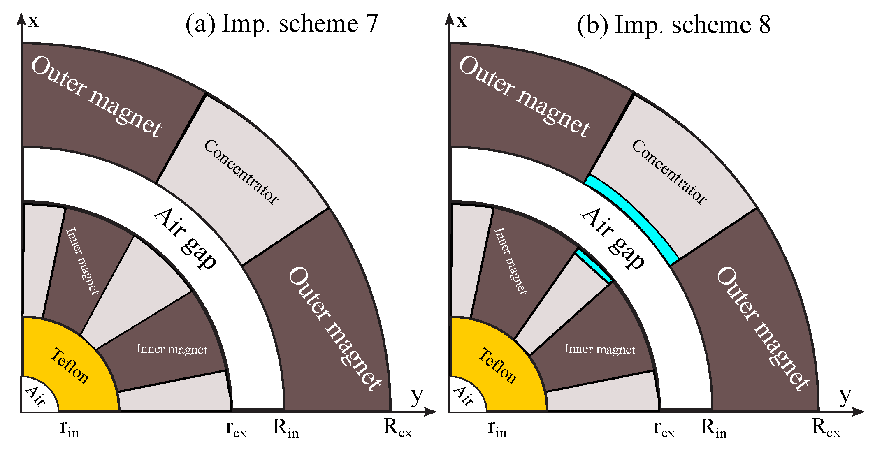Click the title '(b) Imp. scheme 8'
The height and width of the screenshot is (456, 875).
[673, 25]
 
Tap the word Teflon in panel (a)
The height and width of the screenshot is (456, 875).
[70, 366]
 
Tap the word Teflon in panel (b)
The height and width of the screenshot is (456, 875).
[497, 366]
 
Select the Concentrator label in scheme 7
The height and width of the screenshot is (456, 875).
[242, 172]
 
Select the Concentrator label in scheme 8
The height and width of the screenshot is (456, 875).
[670, 172]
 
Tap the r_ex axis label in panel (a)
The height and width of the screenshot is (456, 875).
[236, 429]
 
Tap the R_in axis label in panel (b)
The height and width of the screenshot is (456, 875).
[713, 429]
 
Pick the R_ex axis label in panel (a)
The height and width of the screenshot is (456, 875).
[397, 428]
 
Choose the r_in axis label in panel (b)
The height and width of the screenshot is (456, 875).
[497, 429]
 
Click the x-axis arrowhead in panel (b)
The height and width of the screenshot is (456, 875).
[449, 19]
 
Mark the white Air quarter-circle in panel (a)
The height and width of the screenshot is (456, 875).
[36, 396]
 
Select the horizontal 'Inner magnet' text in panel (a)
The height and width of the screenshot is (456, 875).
[172, 350]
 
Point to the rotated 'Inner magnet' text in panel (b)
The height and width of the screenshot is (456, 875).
[510, 261]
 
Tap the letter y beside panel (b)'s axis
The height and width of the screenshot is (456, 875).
[845, 396]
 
